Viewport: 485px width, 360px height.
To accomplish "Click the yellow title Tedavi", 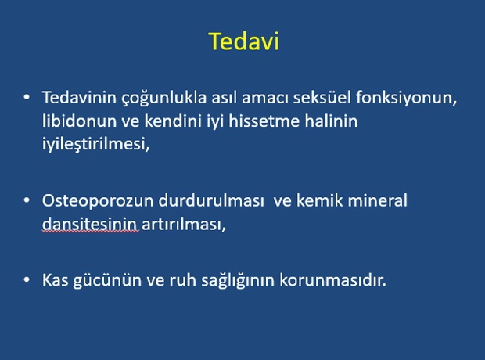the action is (x=244, y=41).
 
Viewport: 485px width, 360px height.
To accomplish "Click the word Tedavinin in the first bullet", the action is (x=79, y=98).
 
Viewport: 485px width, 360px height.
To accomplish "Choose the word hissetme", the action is (x=264, y=121).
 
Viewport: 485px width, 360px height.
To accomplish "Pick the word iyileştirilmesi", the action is (x=96, y=145).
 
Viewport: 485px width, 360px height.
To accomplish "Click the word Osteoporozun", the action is (x=98, y=201).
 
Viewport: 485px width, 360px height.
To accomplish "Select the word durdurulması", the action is (x=211, y=201).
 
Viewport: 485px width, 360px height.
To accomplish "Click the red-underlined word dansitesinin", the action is (x=89, y=224).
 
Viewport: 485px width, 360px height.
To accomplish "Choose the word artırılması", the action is (x=184, y=225).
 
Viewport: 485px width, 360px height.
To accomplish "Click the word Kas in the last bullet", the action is (x=55, y=280).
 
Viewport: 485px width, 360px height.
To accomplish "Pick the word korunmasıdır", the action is (x=332, y=280).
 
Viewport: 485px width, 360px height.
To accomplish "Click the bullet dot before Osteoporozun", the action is (x=27, y=200).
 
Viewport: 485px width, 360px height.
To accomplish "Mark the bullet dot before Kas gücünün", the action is (x=27, y=280).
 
